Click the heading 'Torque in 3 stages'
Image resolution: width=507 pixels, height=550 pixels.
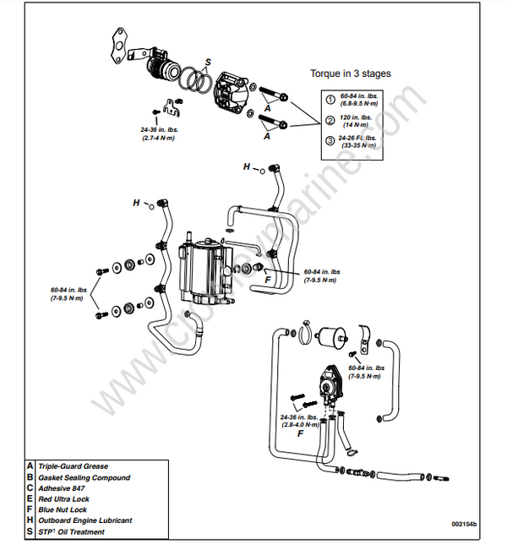[351, 74]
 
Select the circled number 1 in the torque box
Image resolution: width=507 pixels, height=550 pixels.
[330, 101]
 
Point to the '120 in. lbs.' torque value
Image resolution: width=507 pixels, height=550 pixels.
[356, 117]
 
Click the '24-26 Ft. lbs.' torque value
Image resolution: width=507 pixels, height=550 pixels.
[358, 137]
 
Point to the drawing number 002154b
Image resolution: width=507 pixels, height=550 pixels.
[463, 525]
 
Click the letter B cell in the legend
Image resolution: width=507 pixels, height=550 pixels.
[30, 477]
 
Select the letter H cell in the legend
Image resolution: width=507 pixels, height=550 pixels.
[30, 521]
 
